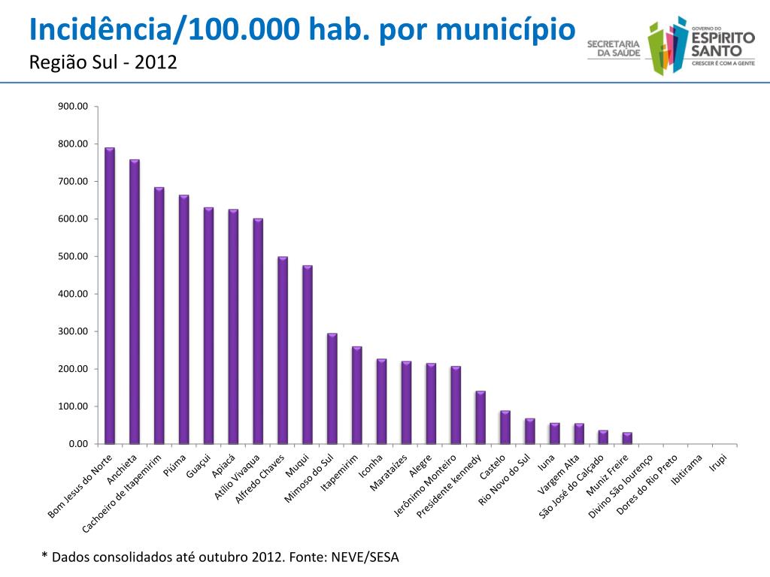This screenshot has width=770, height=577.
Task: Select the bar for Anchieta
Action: coord(135,301)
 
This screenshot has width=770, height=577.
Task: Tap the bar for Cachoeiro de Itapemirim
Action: coord(159,316)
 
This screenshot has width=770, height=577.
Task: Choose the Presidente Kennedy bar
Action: coord(480,418)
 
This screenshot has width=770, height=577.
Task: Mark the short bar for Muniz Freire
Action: coord(627,438)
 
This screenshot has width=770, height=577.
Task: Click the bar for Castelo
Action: coord(505,427)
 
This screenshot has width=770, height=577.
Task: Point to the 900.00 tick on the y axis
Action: coord(74,107)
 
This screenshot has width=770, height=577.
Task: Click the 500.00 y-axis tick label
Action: coord(74,256)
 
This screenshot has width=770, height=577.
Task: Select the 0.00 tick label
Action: coord(78,444)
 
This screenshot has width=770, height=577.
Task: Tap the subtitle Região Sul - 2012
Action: coord(102,62)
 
